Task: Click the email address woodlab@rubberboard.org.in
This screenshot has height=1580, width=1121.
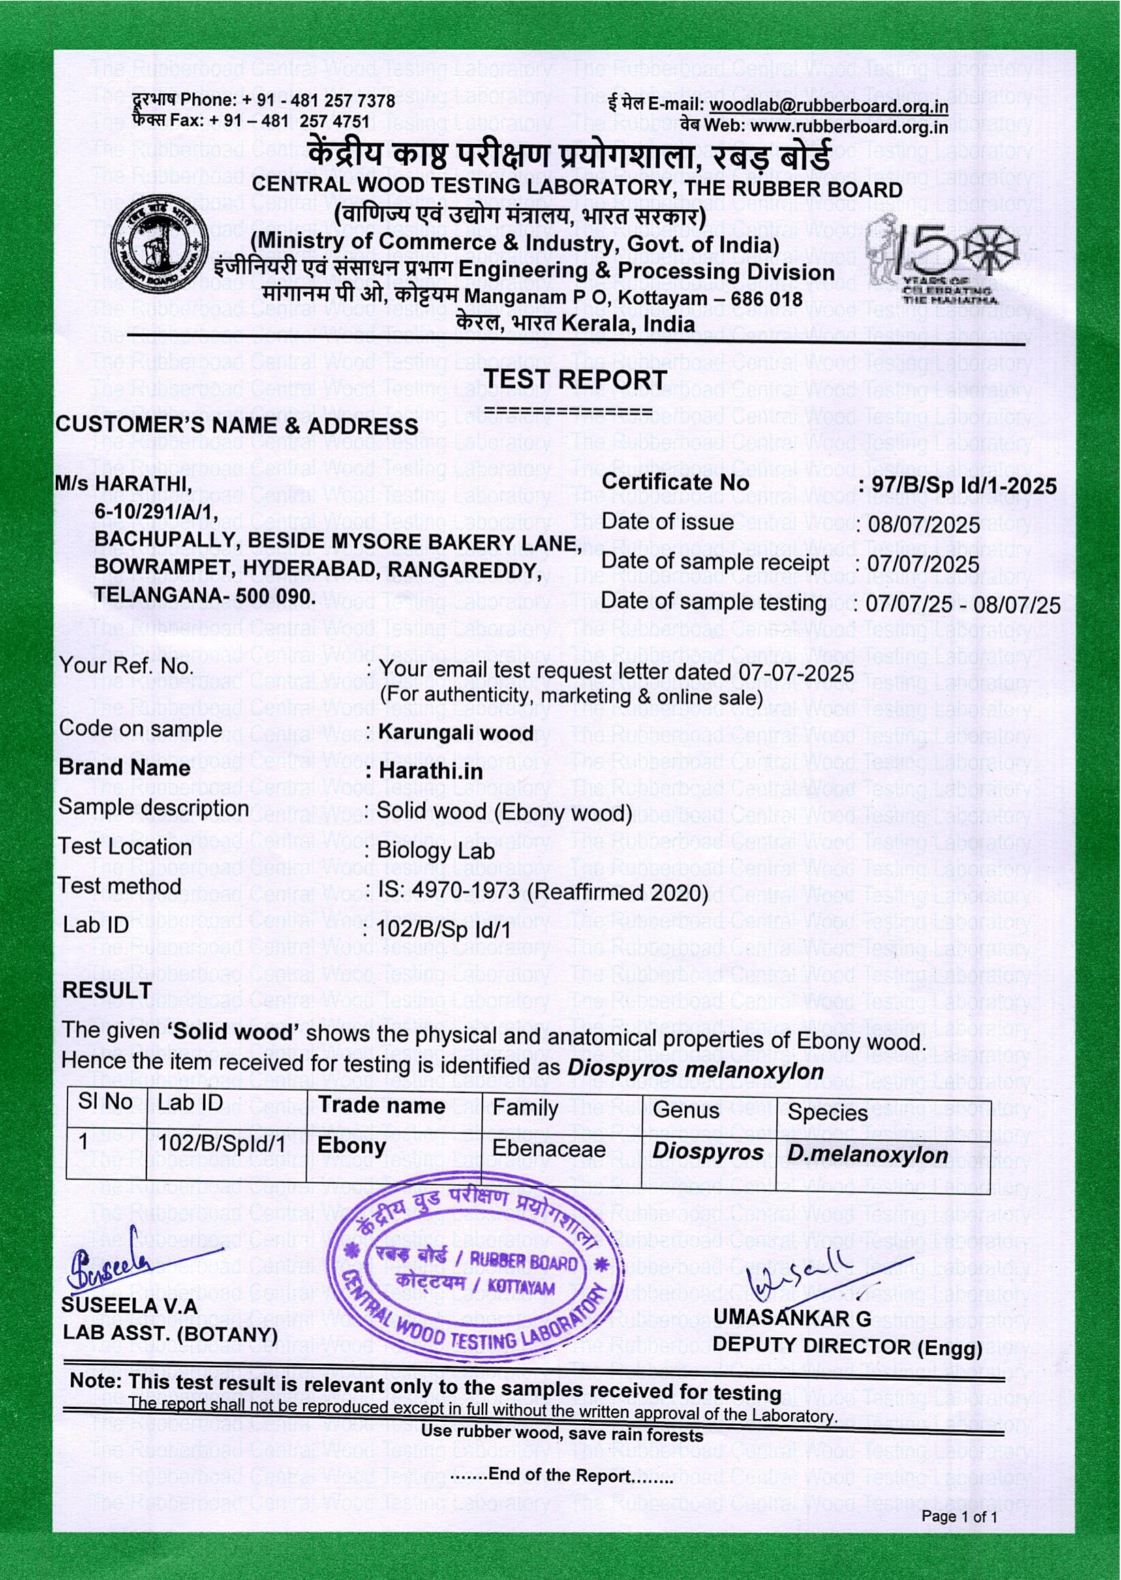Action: (x=829, y=106)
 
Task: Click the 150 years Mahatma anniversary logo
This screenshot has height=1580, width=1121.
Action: (x=942, y=260)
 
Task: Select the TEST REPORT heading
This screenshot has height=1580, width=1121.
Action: (x=575, y=381)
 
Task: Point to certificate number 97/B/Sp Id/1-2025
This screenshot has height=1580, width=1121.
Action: (x=964, y=486)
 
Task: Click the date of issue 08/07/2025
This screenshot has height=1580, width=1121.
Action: (x=923, y=525)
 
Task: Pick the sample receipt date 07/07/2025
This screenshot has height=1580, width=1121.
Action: (x=923, y=564)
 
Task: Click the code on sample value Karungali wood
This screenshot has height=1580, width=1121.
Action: (x=456, y=732)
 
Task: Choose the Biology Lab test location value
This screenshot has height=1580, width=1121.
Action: (x=435, y=851)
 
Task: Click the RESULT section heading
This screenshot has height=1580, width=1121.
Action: (x=107, y=989)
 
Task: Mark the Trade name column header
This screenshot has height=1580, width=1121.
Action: (x=381, y=1106)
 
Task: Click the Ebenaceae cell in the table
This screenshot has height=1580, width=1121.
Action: (x=549, y=1149)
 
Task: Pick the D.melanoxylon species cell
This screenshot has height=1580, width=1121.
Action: (x=867, y=1154)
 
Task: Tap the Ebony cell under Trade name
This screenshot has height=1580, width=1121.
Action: (x=352, y=1146)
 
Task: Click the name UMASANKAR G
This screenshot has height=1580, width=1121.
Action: (x=793, y=1317)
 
